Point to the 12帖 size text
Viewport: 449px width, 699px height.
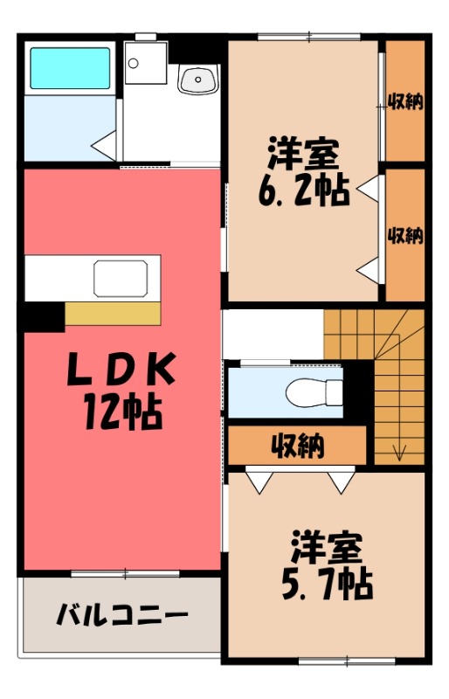pyautogui.click(x=121, y=410)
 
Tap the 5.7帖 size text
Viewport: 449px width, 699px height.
pyautogui.click(x=327, y=583)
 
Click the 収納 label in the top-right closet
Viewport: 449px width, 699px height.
pyautogui.click(x=405, y=101)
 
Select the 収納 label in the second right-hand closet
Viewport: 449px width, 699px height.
pyautogui.click(x=405, y=235)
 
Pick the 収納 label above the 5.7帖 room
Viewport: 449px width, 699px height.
pyautogui.click(x=297, y=446)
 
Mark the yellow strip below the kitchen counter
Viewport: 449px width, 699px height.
pyautogui.click(x=113, y=313)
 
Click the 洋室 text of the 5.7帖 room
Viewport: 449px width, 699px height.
pyautogui.click(x=327, y=549)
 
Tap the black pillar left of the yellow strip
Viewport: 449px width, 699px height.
pyautogui.click(x=43, y=315)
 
